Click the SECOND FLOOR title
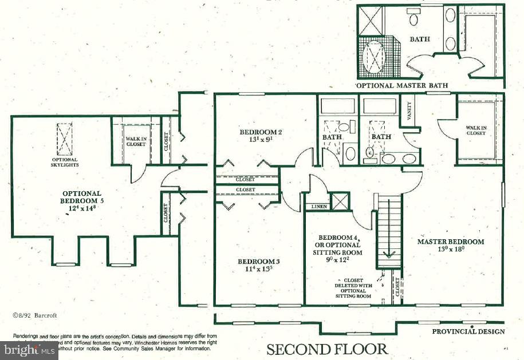(x=326, y=349)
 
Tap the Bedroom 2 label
(x=261, y=135)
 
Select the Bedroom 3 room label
(x=258, y=265)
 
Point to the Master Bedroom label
(x=450, y=245)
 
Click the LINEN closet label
(x=318, y=207)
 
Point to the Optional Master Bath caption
(x=401, y=85)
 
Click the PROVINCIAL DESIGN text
(x=468, y=331)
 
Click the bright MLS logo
(x=29, y=349)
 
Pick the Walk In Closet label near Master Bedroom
(x=475, y=130)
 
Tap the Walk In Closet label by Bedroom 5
(x=135, y=141)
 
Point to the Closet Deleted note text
(x=353, y=288)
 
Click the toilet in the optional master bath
(x=412, y=19)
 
